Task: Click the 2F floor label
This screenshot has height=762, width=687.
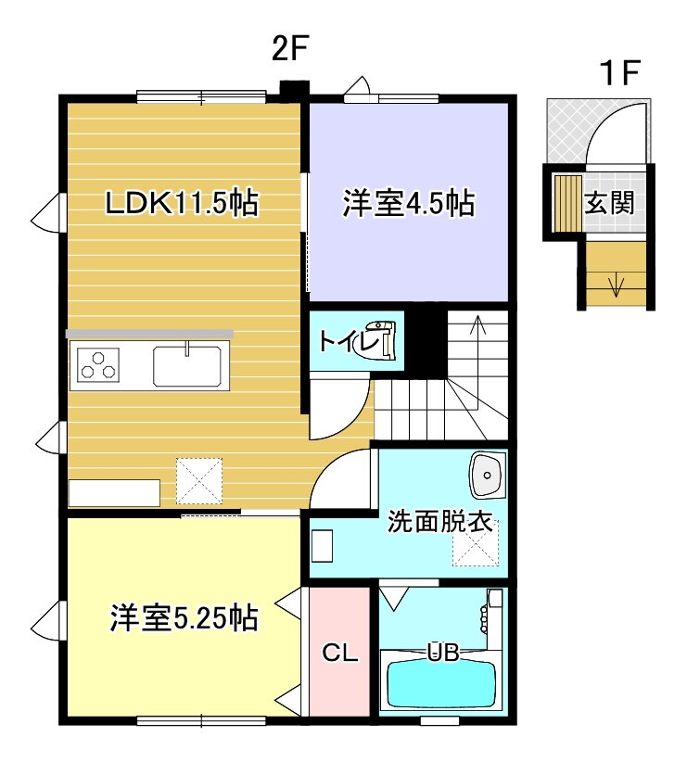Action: pos(290,48)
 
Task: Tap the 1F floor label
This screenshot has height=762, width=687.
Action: pos(619,73)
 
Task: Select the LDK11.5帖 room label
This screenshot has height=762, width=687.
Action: pos(183,203)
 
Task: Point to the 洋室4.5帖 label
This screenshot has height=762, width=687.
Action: pos(409,203)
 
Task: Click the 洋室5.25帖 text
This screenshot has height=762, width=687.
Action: pos(184,617)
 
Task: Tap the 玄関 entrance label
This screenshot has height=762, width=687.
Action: pos(610,202)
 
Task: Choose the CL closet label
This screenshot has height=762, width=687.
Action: pos(340,654)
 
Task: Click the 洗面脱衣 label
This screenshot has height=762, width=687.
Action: pos(440,522)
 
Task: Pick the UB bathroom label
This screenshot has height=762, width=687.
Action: pos(443,653)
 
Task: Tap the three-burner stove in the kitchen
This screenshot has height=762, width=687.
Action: pos(98,365)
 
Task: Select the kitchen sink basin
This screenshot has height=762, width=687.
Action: pos(187,366)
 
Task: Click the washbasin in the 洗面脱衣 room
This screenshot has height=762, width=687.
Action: pos(487,475)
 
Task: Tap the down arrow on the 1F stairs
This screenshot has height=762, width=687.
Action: pos(616,286)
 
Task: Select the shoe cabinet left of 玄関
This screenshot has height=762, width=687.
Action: pos(568,203)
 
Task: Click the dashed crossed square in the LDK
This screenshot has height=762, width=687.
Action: pos(199,480)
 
